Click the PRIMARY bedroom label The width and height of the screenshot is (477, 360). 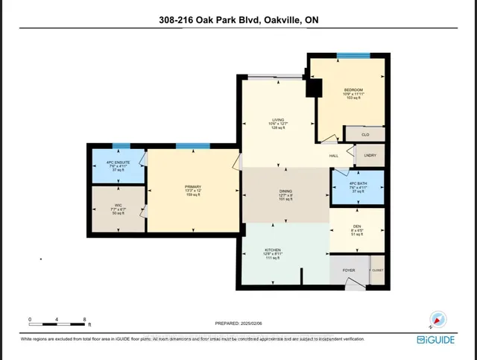pyautogui.click(x=194, y=188)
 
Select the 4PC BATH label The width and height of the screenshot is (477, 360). pyautogui.click(x=358, y=183)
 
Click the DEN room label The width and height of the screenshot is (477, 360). pyautogui.click(x=358, y=230)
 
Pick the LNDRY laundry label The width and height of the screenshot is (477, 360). pyautogui.click(x=370, y=155)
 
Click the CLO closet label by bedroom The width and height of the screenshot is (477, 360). pyautogui.click(x=365, y=134)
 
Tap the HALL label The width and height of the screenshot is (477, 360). pyautogui.click(x=335, y=155)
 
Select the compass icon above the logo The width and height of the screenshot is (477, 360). pyautogui.click(x=438, y=318)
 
